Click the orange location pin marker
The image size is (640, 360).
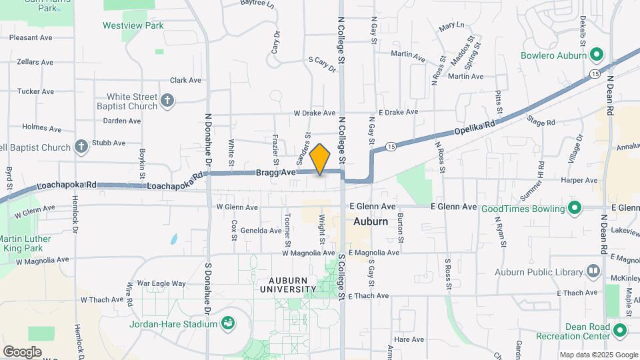320,159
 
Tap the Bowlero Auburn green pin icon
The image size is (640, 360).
597,54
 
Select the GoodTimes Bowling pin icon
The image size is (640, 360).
574,209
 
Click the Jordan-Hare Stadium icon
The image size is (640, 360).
229,324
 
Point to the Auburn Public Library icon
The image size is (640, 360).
593,271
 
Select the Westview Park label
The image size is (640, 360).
133,26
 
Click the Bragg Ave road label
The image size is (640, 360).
275,173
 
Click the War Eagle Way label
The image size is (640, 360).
161,283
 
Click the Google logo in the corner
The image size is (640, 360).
22,351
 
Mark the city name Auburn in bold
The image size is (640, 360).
371,221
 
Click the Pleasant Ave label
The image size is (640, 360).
31,38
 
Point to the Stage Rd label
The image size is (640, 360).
541,123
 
